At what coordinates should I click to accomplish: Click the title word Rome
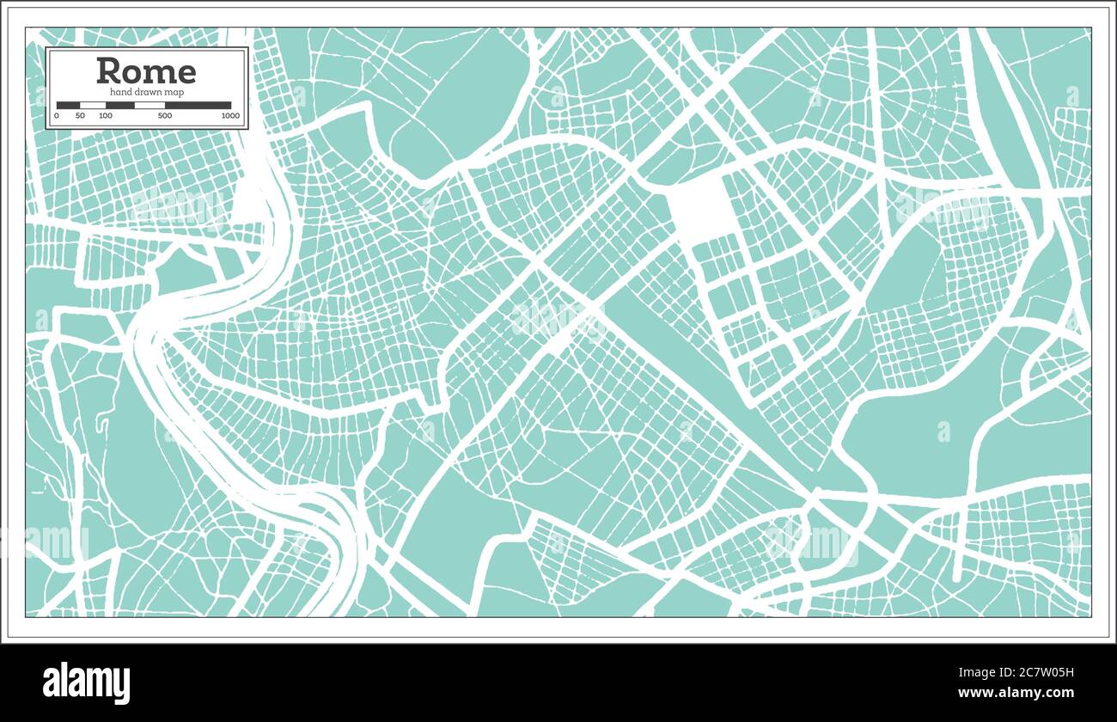click(x=146, y=70)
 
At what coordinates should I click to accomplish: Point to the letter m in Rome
click(x=156, y=72)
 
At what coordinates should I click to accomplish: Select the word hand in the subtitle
click(x=119, y=92)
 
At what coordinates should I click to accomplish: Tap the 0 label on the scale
click(x=57, y=115)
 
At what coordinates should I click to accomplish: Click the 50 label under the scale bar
click(x=80, y=115)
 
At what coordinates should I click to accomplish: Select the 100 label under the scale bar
click(x=105, y=115)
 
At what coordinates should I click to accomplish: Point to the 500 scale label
click(x=165, y=115)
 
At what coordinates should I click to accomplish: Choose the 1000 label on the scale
click(x=229, y=115)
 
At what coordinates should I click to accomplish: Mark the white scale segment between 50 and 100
click(x=92, y=105)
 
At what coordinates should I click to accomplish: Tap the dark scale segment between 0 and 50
click(x=68, y=105)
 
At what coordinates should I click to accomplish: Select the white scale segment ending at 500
click(x=150, y=105)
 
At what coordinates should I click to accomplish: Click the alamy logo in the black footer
click(x=87, y=682)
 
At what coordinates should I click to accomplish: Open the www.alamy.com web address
click(x=1016, y=693)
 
